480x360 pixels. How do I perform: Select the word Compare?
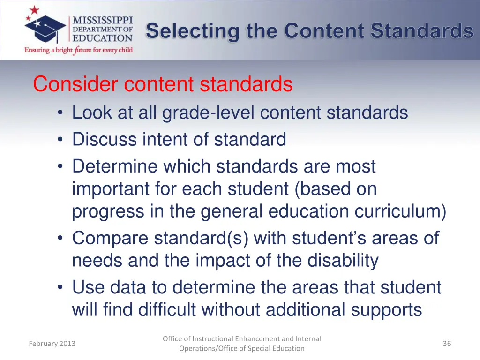tap(110, 238)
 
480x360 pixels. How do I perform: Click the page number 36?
tap(447, 344)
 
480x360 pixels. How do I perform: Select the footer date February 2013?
tap(52, 344)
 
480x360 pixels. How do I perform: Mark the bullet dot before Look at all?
tap(61, 113)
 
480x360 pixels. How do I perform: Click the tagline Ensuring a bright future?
tap(79, 50)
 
